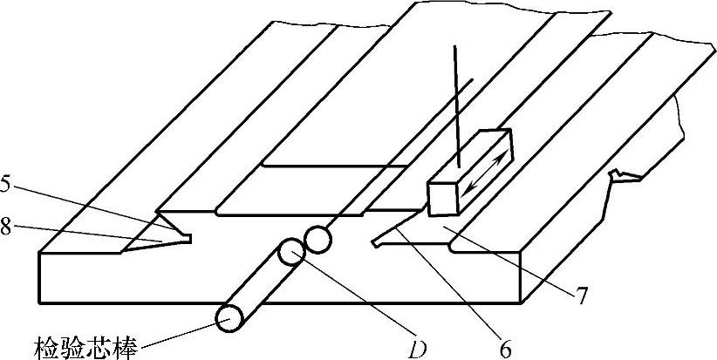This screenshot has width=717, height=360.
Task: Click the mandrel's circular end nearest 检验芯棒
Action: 230,318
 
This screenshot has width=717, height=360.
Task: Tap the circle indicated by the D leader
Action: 290,255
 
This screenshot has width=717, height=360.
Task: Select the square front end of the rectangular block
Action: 444,197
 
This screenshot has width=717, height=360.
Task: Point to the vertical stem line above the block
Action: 455,105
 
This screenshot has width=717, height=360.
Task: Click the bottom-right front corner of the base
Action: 522,301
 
